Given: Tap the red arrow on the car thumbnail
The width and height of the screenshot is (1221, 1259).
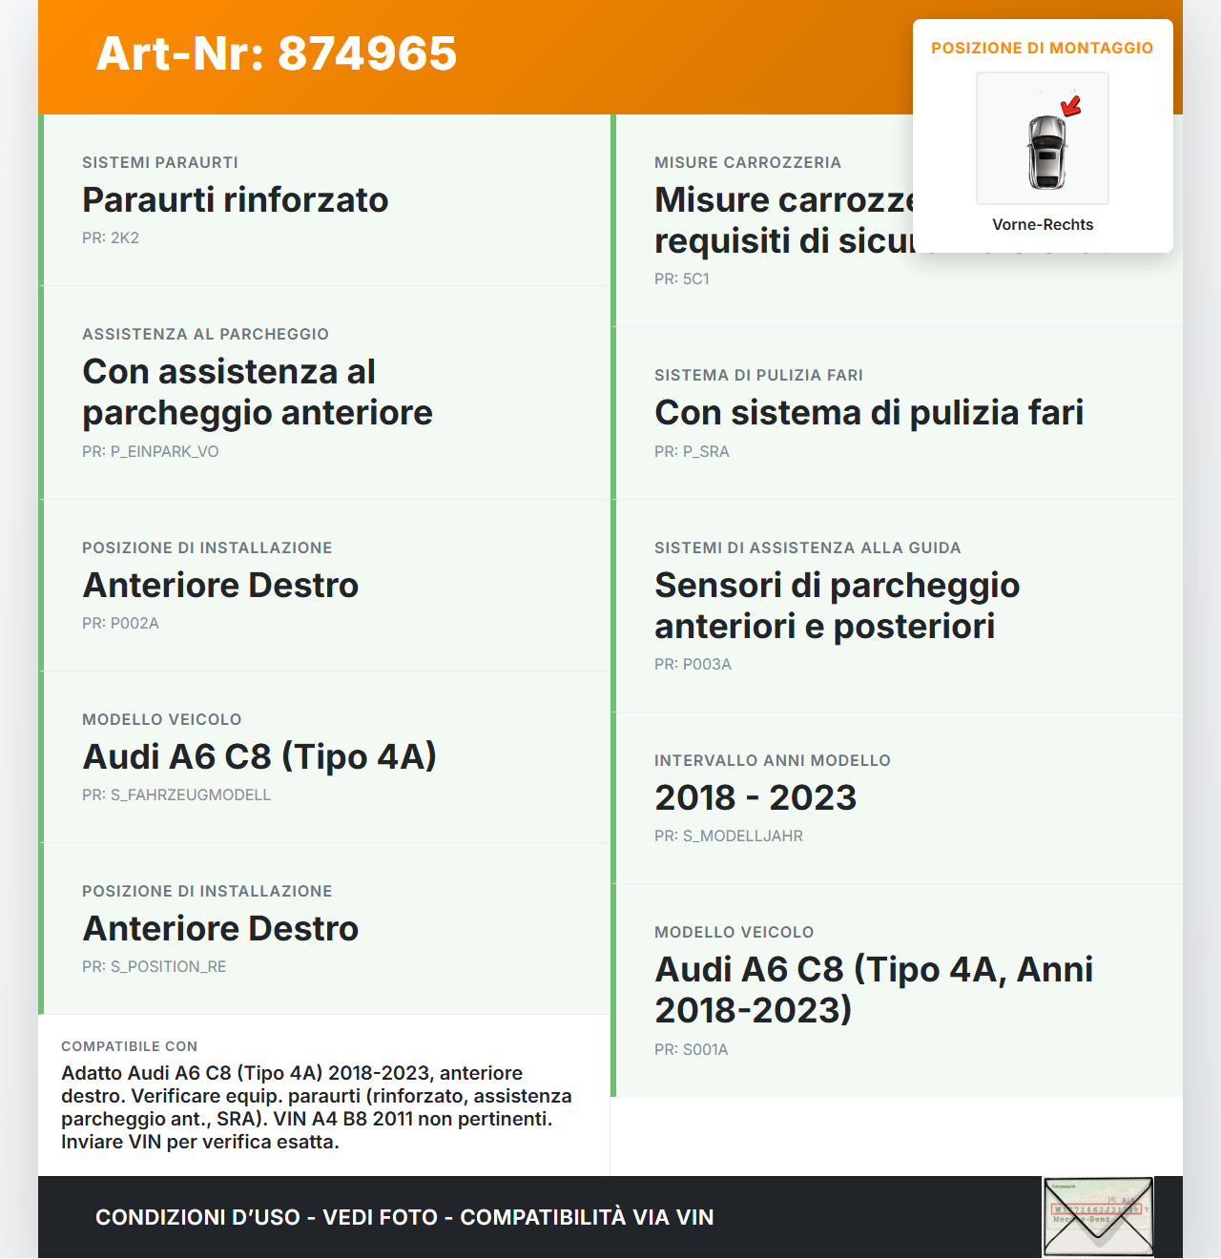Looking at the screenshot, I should click(x=1072, y=105).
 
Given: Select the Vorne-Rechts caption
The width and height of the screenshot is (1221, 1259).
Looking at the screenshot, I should click(x=1043, y=225).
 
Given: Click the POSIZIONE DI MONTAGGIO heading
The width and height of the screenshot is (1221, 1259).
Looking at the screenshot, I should click(x=1042, y=48).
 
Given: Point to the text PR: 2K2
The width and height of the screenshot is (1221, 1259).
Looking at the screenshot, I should click(x=111, y=238).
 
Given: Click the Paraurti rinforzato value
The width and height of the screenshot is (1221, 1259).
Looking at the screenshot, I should click(x=235, y=200).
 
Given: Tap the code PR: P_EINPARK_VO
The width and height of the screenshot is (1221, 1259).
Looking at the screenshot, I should click(x=151, y=452).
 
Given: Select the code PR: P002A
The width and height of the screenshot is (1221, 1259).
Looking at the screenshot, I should click(x=120, y=624).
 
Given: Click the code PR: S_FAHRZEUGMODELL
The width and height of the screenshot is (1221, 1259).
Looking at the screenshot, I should click(x=176, y=795).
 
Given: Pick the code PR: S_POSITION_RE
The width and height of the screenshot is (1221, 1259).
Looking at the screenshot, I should click(x=155, y=967).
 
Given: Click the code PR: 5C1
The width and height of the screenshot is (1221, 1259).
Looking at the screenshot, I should click(x=682, y=279).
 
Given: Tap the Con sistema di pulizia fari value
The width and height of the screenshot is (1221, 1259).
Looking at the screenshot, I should click(x=869, y=413).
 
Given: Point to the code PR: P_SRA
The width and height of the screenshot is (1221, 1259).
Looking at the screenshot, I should click(x=692, y=452).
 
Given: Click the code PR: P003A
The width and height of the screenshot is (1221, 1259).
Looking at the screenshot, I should click(x=693, y=665).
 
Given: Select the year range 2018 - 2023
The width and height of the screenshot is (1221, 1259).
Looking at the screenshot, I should click(x=755, y=798).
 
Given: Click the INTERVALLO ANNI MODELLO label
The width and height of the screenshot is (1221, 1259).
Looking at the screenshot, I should click(x=773, y=760).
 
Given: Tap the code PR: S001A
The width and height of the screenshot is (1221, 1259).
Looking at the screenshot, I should click(x=692, y=1050).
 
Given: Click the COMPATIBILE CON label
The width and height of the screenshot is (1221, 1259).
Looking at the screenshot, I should click(x=130, y=1046).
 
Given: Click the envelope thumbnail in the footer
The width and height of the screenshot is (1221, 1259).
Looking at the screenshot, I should click(x=1098, y=1217).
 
